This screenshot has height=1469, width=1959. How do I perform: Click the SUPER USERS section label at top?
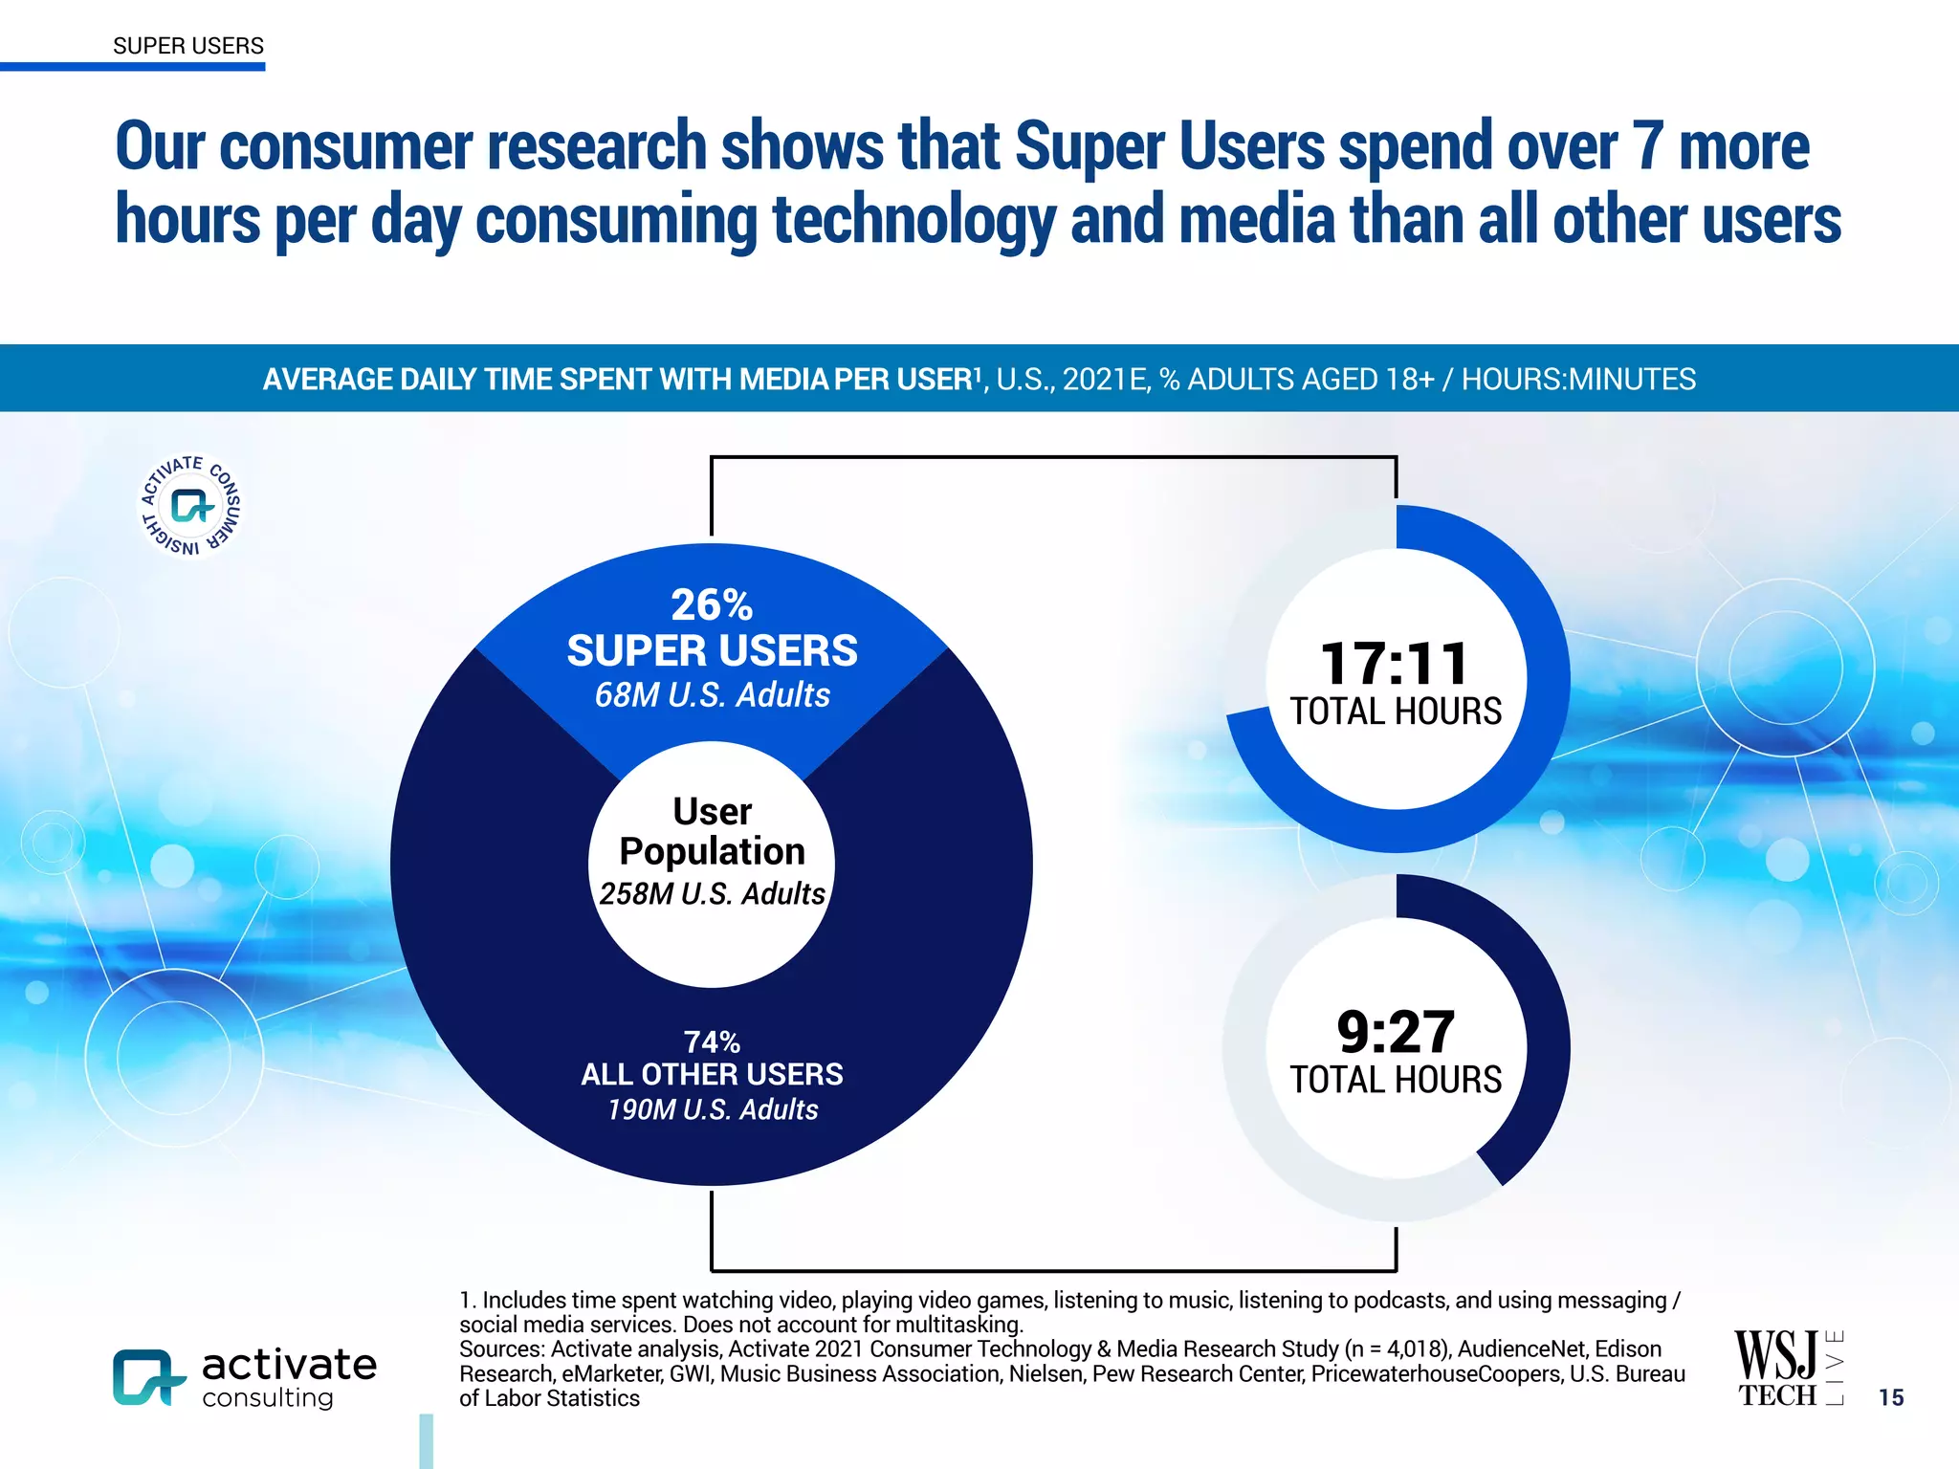coord(187,46)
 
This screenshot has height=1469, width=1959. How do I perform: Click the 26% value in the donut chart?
coord(712,604)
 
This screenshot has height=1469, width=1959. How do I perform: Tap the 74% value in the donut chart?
coord(712,1041)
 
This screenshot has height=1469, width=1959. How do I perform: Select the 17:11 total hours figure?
coord(1395,664)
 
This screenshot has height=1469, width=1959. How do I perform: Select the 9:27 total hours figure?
coord(1396,1032)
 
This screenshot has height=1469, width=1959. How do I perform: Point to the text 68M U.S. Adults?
coord(712,695)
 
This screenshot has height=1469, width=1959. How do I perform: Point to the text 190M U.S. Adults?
coord(713,1109)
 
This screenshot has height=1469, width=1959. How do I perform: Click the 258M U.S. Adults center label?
coord(712,894)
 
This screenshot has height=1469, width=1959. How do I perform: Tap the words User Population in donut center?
coord(712,831)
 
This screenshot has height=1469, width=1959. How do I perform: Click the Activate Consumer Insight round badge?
coord(190,505)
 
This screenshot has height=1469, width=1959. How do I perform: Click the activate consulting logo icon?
coord(148,1377)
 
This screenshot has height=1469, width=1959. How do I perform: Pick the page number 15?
coord(1890,1397)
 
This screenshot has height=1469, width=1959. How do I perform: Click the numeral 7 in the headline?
coord(1647,146)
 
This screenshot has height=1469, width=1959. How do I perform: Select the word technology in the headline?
coord(913,220)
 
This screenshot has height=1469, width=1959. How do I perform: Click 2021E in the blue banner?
coord(1105,380)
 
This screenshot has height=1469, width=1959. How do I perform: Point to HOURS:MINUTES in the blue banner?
coord(1578,380)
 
